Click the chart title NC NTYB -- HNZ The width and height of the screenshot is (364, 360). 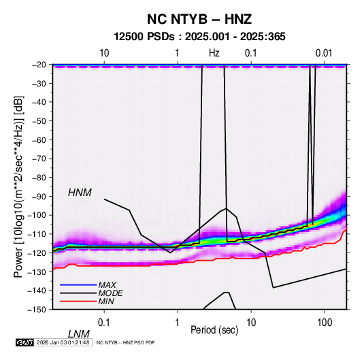point(199,19)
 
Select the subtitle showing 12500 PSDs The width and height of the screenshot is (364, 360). point(199,37)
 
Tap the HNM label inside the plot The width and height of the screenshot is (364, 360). point(80,193)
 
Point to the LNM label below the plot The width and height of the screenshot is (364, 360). point(78,334)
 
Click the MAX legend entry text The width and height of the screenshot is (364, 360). point(107,284)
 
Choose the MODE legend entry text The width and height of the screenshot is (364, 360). point(110,293)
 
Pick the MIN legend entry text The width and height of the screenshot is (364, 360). point(106,301)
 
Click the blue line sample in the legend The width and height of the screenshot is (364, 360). point(78,284)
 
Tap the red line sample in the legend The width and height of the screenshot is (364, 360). point(78,301)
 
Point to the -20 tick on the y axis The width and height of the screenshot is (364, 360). point(39,65)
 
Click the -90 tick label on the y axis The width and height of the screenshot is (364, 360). point(39,196)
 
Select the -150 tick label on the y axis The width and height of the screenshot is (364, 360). point(37,310)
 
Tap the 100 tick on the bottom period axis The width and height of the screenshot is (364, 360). point(325,323)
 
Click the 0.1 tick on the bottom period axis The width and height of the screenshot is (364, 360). point(104,323)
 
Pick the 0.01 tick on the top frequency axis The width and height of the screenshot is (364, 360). point(324,53)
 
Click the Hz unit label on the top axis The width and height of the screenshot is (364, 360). point(214,53)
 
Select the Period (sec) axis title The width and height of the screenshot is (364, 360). point(214,330)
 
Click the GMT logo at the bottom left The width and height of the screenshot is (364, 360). point(24,342)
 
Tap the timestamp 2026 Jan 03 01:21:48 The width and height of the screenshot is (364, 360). point(63,342)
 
